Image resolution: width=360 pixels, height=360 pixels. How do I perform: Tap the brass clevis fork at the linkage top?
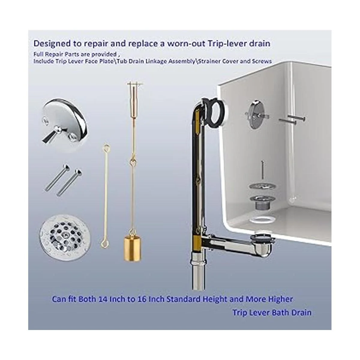pos(136,91)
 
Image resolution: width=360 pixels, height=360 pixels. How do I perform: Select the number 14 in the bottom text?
pos(104,299)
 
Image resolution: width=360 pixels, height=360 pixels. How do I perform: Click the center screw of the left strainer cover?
pos(66,233)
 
